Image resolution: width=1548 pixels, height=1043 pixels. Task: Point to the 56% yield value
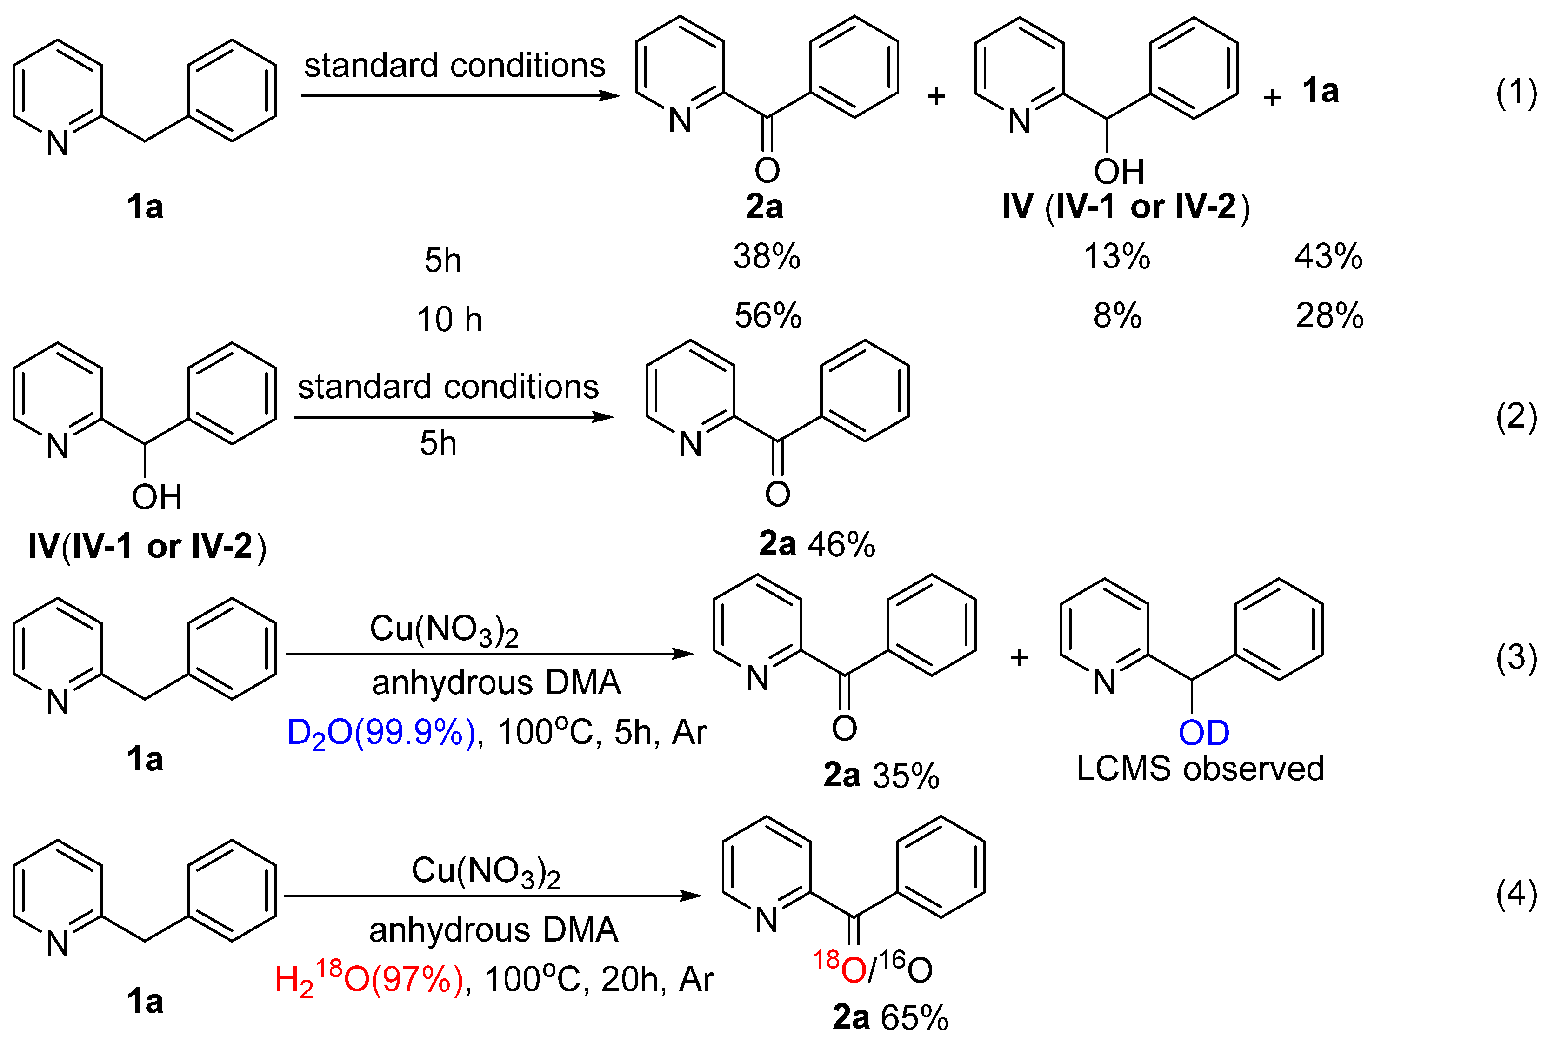pyautogui.click(x=767, y=316)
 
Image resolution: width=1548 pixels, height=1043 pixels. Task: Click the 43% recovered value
pyautogui.click(x=1328, y=257)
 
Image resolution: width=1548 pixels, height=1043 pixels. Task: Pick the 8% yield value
pyautogui.click(x=1117, y=316)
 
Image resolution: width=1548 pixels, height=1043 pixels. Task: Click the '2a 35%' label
pyautogui.click(x=881, y=776)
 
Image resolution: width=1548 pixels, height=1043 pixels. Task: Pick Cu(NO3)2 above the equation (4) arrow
pyautogui.click(x=486, y=871)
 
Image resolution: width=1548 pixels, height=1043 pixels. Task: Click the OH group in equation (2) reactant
pyautogui.click(x=156, y=497)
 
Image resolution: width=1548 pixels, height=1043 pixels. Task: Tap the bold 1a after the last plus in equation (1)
pyautogui.click(x=1320, y=90)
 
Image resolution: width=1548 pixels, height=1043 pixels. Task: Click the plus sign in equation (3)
pyautogui.click(x=1019, y=658)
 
